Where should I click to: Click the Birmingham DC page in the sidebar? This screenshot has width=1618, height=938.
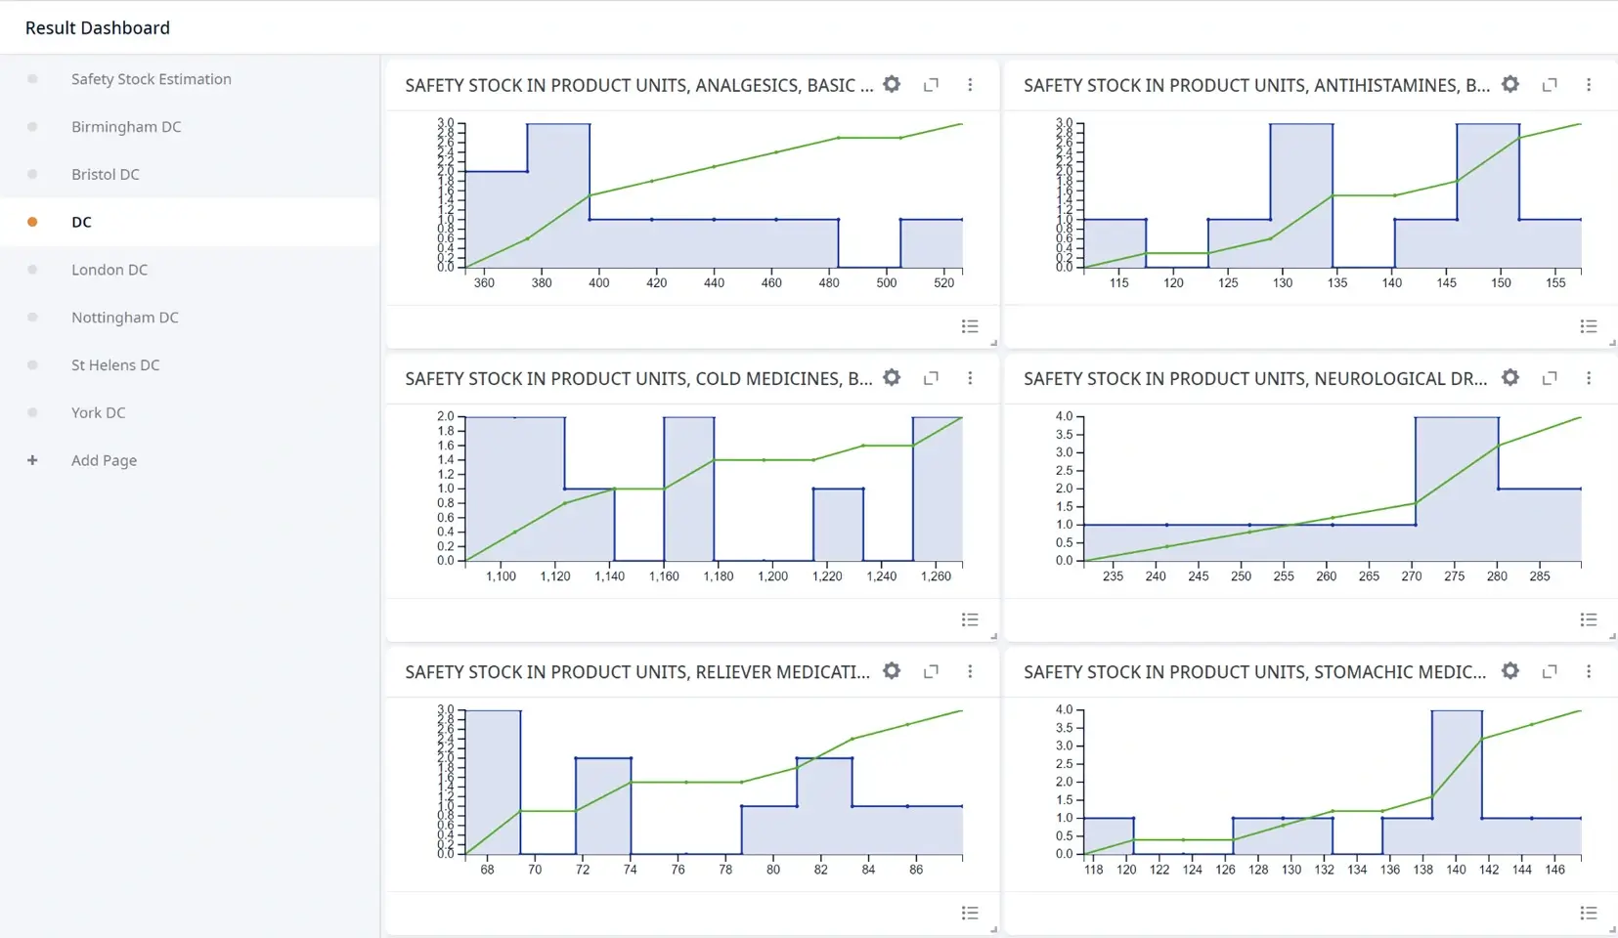126,127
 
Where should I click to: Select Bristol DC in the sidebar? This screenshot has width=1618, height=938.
106,174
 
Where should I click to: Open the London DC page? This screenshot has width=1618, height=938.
109,270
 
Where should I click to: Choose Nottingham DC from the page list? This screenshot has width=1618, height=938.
125,318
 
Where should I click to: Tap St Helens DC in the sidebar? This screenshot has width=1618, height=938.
115,365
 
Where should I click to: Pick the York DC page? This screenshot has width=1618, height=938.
99,412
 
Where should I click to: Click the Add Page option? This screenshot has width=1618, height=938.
104,460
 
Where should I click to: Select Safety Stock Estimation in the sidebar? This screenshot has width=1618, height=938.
152,79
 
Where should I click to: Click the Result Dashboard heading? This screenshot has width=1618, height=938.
98,28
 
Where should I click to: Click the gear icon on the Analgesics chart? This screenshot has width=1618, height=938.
892,85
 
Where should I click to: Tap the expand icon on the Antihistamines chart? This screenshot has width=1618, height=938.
1550,85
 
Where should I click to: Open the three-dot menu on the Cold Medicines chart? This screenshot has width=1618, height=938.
970,378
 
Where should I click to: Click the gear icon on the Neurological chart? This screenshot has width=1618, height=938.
1510,378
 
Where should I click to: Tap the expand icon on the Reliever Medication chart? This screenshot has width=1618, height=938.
931,671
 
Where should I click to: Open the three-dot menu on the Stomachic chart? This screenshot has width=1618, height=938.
1589,671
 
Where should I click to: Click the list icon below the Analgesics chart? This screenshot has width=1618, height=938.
970,326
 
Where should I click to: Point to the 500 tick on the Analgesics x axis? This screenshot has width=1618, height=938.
887,282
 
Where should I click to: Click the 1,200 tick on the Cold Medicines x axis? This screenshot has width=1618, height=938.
772,576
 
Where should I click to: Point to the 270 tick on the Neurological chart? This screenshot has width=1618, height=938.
1412,576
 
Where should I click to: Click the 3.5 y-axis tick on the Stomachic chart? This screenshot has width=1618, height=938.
1064,728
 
